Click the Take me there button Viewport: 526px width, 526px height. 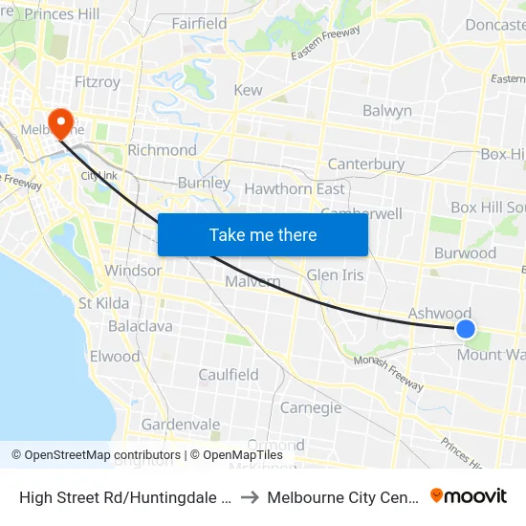pos(263,234)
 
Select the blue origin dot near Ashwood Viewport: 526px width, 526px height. pos(466,329)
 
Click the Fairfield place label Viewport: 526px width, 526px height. pos(199,23)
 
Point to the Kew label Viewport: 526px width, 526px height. pos(248,90)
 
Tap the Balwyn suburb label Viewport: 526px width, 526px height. pos(387,111)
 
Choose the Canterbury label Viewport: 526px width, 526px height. pos(366,164)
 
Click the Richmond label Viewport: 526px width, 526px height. pos(162,150)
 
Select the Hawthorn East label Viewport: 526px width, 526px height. pos(295,188)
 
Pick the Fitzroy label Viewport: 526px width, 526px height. pos(98,82)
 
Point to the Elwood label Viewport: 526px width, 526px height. pos(115,357)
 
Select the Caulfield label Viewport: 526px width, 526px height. pos(229,375)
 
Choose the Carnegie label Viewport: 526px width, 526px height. pos(311,408)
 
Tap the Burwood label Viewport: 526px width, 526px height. pos(465,253)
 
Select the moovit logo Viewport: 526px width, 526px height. pos(469,495)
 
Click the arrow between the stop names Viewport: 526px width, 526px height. pos(247,496)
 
